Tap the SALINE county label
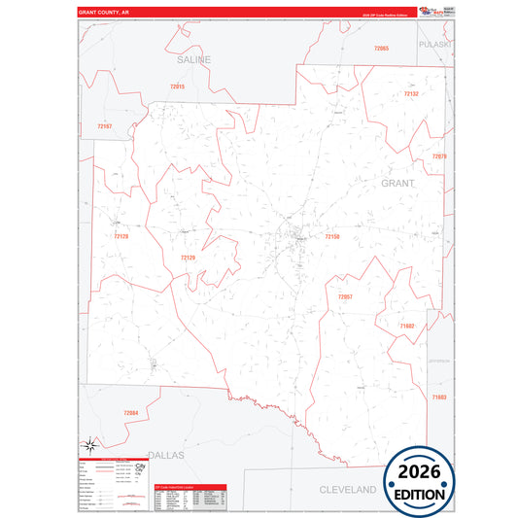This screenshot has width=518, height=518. tap(193, 60)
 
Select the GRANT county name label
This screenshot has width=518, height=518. tap(397, 183)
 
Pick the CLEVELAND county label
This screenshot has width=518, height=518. tap(348, 490)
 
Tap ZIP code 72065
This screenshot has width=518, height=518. tap(381, 49)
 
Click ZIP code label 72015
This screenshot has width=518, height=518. tap(177, 87)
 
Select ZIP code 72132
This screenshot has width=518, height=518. tap(411, 94)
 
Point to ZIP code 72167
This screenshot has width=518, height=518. tap(105, 126)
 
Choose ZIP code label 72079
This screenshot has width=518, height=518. tap(439, 156)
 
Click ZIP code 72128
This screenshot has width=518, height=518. tap(121, 236)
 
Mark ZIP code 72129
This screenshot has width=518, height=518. tap(188, 258)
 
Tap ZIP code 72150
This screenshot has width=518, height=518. tap(331, 236)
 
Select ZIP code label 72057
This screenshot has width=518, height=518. tap(345, 296)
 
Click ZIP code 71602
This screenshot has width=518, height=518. tap(407, 327)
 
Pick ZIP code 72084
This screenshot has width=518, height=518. tap(131, 413)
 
